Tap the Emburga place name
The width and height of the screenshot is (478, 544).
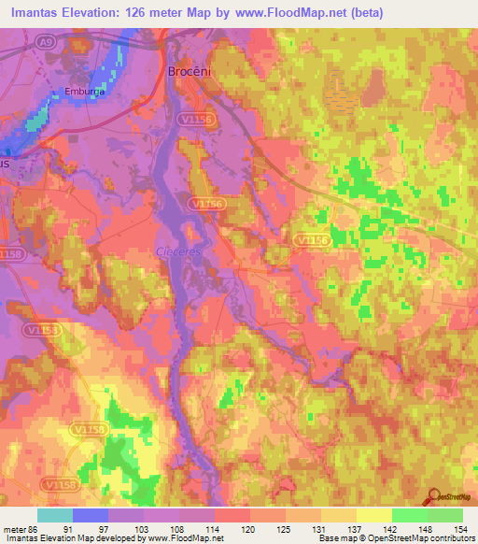point(81,92)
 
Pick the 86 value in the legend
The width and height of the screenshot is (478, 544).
point(35,527)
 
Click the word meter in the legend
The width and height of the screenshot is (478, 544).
point(14,527)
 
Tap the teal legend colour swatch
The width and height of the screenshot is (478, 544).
point(55,515)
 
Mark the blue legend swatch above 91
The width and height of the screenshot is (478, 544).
point(91,515)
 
